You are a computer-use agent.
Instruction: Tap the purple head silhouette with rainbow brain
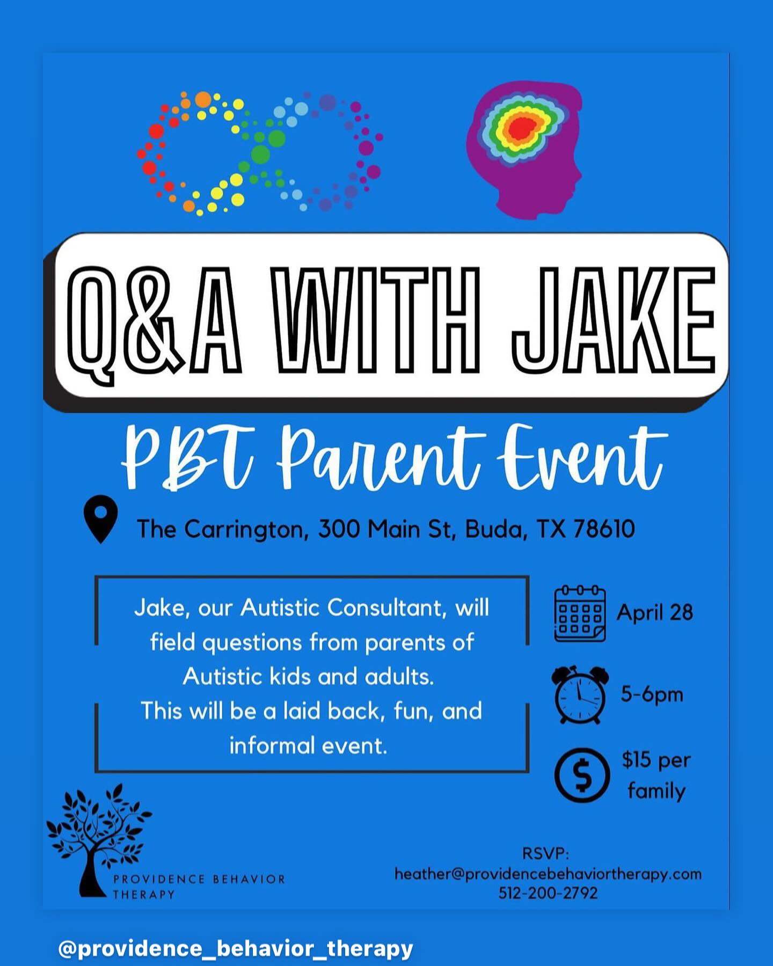click(524, 150)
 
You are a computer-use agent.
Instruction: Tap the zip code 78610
click(603, 529)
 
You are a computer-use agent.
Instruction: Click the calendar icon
click(580, 614)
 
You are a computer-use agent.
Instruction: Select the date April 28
click(655, 613)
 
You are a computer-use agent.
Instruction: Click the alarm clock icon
click(580, 695)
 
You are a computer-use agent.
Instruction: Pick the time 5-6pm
click(652, 694)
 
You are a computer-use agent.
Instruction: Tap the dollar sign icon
click(582, 775)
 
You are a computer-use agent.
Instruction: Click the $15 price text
click(637, 760)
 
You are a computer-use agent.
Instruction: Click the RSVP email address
click(548, 874)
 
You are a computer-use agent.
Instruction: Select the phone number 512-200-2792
click(548, 893)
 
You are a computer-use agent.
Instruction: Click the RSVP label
click(545, 853)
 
